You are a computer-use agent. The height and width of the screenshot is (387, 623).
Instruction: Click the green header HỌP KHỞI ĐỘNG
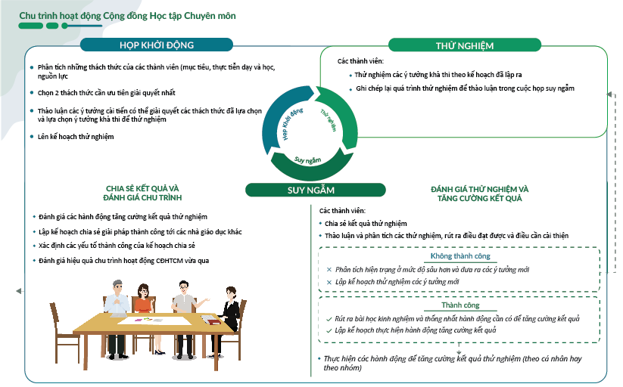coord(167,45)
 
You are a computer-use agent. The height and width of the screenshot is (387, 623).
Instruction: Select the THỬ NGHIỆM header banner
coord(464,45)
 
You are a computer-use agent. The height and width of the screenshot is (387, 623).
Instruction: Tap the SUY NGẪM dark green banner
coord(311,190)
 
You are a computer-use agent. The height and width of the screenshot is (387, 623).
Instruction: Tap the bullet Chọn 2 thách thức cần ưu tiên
coord(106,93)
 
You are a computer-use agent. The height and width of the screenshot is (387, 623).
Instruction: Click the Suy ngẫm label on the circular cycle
coord(308,159)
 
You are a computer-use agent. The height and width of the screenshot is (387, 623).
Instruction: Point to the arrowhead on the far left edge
coord(18,290)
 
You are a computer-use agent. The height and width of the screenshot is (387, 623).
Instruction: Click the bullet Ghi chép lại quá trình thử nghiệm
coord(465,88)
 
